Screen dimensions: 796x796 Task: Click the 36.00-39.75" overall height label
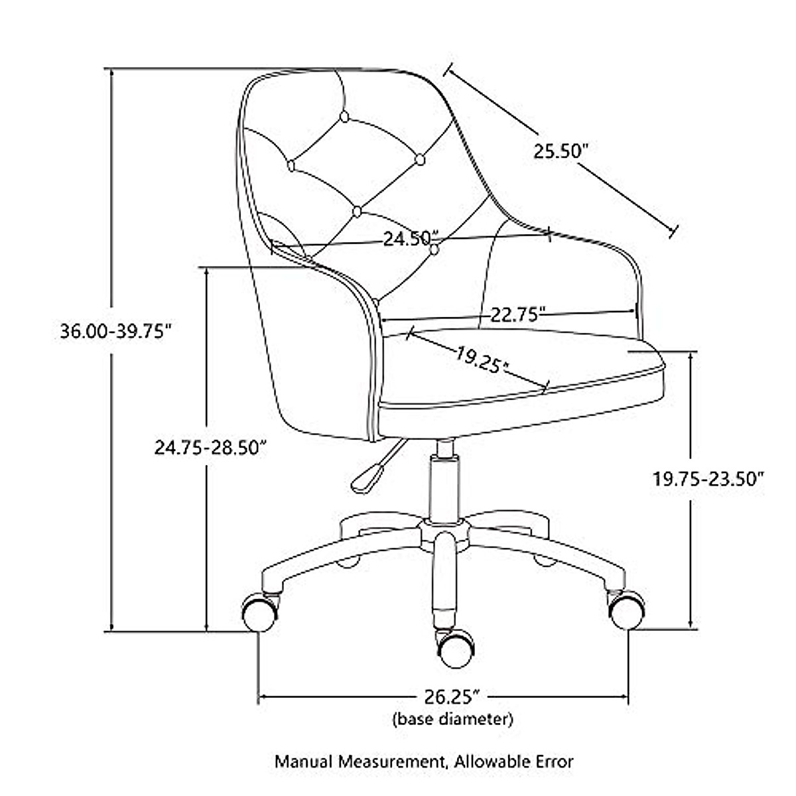(x=117, y=331)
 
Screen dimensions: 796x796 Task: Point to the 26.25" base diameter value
(x=444, y=697)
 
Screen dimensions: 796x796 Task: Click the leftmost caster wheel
(x=259, y=612)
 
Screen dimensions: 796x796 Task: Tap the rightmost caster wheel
(x=626, y=610)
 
